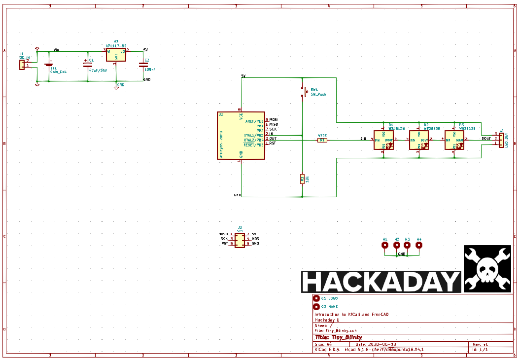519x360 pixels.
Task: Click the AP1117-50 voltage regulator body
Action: point(116,54)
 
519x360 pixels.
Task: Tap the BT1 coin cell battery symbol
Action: point(49,64)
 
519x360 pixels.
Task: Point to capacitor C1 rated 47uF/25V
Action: point(88,64)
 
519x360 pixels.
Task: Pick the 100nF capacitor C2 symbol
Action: point(143,64)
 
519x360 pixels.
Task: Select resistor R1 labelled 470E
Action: point(322,140)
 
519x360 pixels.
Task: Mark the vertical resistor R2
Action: point(302,179)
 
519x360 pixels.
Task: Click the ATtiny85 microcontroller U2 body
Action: point(241,136)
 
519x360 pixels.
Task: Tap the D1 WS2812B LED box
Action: point(383,140)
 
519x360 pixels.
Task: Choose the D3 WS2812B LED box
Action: point(454,140)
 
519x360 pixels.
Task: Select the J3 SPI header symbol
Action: point(240,240)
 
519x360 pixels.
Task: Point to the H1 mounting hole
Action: point(385,245)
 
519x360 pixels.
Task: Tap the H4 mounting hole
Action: point(418,245)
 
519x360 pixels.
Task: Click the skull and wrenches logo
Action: point(487,269)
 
